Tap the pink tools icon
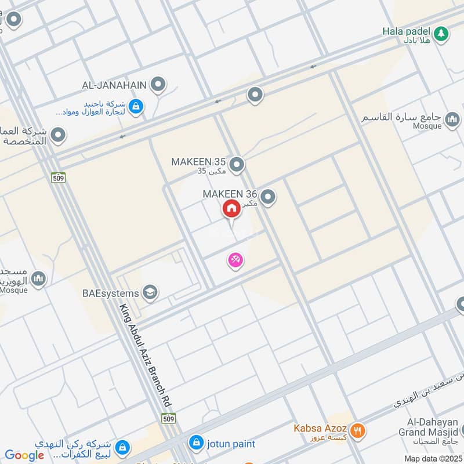tap(235, 260)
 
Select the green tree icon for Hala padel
tap(442, 34)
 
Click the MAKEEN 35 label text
tap(198, 162)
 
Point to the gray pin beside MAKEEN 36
tap(267, 198)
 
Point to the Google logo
tap(24, 455)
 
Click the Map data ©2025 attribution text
tap(433, 458)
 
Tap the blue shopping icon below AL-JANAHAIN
tap(135, 106)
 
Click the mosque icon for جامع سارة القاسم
tap(452, 122)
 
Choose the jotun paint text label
tap(231, 444)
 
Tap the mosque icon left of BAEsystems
tap(39, 279)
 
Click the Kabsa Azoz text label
tap(324, 427)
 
